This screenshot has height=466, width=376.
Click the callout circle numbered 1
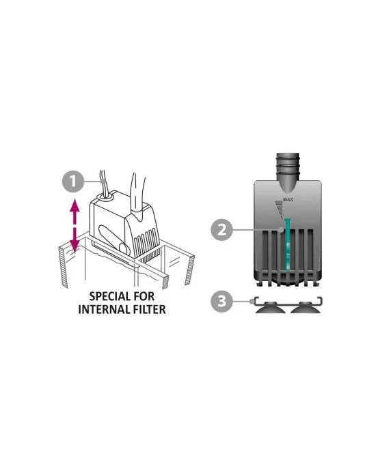pos(73,181)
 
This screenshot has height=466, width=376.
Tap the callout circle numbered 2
pos(221,230)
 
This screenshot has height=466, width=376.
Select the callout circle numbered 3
pos(221,302)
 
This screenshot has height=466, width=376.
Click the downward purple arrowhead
pos(75,246)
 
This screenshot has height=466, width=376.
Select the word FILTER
pos(148,309)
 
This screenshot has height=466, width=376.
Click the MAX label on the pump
pos(288,199)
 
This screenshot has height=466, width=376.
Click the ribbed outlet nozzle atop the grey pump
pos(288,173)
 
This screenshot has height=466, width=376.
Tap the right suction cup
pos(306,308)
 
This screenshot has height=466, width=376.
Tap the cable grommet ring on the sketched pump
pos(103,196)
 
